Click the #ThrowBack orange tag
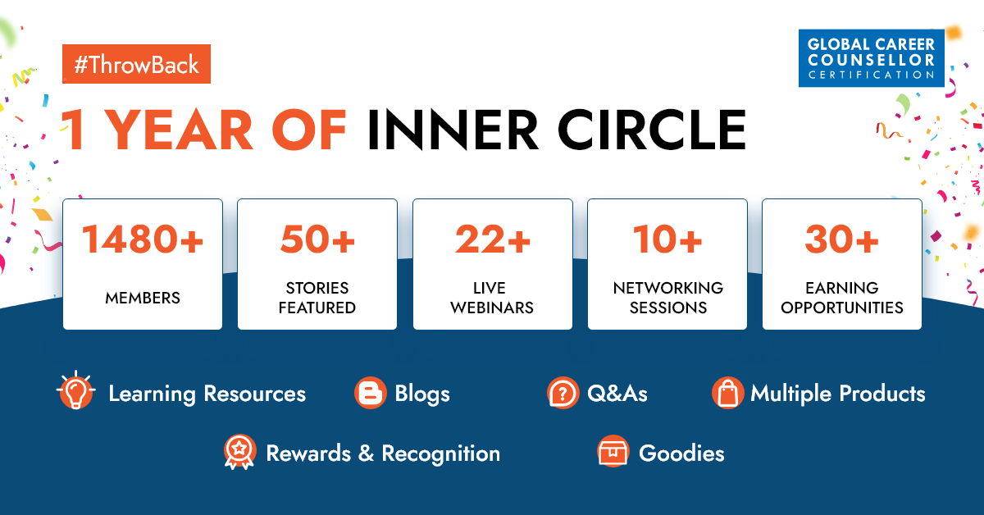coord(136,64)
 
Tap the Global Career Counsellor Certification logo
coord(871,58)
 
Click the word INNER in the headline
coord(453,130)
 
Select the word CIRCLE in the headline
coord(652,130)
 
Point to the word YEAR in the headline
coord(180,130)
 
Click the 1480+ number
coord(143,239)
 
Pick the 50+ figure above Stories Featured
coord(317,239)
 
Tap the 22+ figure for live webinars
coord(493,239)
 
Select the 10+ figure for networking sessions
coord(667,239)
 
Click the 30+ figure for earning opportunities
coord(841,239)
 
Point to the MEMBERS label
coord(143,298)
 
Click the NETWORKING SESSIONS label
coord(667,298)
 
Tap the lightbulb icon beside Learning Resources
coord(76,390)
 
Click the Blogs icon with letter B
coord(371,393)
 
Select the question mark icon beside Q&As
coord(563,393)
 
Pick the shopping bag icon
coord(728,393)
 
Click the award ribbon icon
coord(239,452)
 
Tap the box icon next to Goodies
coord(613,451)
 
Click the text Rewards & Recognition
coord(383,453)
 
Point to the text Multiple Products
coord(838,394)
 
